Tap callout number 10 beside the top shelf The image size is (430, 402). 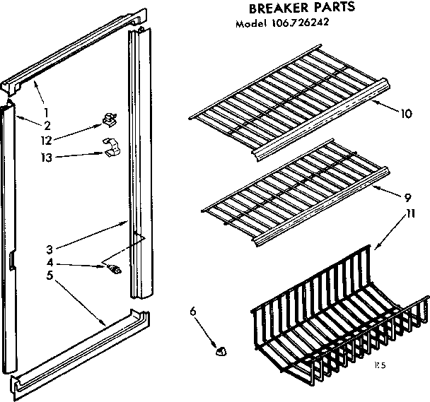405,113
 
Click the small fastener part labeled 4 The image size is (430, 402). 115,267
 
